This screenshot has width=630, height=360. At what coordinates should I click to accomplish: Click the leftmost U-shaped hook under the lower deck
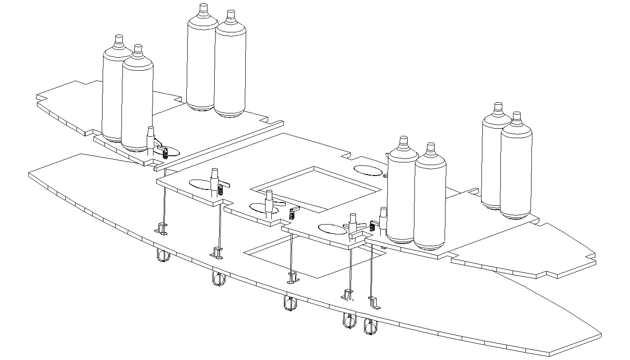tap(162, 256)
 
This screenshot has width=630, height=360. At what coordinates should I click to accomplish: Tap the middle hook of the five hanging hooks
tap(290, 304)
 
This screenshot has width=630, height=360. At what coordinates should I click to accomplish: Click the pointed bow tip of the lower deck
tap(600, 335)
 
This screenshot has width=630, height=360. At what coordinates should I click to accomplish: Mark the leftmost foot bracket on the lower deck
tap(162, 229)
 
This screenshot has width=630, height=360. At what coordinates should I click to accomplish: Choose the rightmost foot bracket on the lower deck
tap(374, 303)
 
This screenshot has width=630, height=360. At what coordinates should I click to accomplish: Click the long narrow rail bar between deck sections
tap(220, 144)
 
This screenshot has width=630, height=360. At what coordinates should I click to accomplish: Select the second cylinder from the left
tap(138, 103)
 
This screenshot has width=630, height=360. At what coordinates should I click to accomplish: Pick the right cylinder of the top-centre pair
tap(230, 67)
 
